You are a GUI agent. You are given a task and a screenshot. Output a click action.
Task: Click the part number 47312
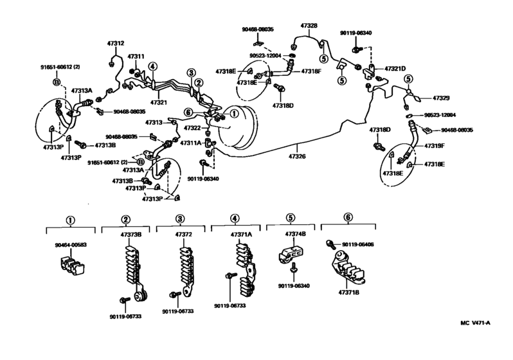[116, 43]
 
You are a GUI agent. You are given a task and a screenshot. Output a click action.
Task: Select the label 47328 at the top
[309, 25]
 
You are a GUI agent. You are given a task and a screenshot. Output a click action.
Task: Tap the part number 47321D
[395, 68]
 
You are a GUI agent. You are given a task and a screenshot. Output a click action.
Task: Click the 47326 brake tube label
[298, 156]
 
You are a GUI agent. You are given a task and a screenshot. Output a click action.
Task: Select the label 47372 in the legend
[184, 236]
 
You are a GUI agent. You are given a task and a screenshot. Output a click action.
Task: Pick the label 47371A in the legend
[241, 236]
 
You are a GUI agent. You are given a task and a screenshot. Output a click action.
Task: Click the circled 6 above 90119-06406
[348, 219]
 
